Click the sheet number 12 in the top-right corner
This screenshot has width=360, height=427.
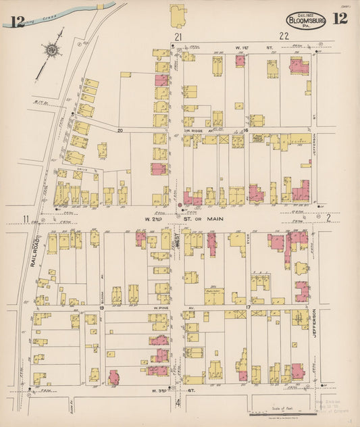tap(340, 18)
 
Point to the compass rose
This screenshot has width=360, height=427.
tap(51, 49)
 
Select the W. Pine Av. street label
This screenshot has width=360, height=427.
tap(163, 308)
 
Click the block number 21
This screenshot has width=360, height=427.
tap(178, 36)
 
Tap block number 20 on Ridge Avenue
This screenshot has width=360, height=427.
tap(120, 130)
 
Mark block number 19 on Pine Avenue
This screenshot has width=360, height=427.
tap(101, 307)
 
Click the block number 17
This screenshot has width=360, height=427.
tap(248, 308)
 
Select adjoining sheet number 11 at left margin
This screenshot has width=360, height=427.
tap(25, 218)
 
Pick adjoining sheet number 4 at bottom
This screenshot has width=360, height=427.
tap(178, 404)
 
